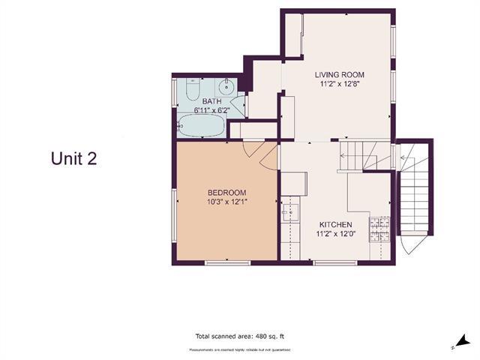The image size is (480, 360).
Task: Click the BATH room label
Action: [x=211, y=100]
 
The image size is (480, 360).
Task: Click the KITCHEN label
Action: [x=336, y=224]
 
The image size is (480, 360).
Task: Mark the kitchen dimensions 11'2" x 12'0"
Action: [x=336, y=234]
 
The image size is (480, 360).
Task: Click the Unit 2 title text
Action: [x=73, y=158]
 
